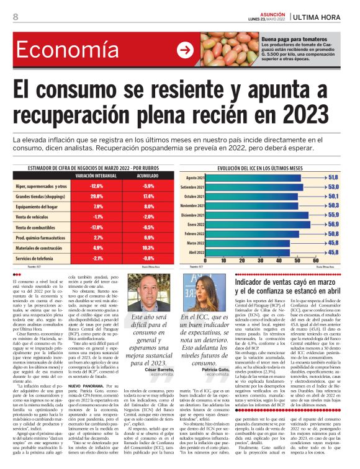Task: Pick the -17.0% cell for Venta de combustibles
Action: [x=96, y=226]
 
